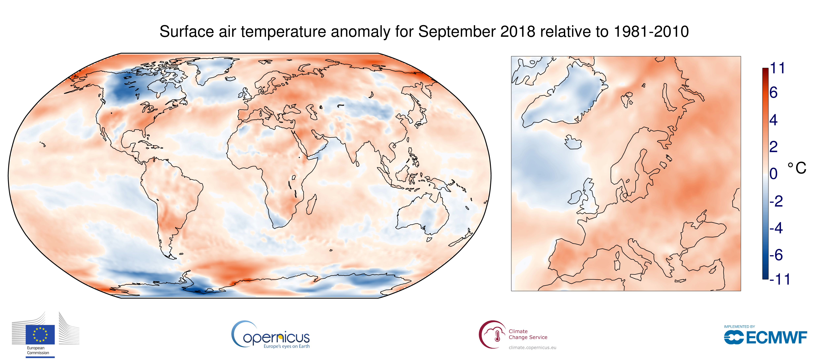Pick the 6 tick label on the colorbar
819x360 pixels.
[774, 93]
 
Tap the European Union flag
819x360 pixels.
[40, 335]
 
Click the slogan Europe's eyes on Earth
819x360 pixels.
[286, 346]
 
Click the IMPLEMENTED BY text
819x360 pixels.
[739, 327]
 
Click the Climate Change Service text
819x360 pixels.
[528, 334]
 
